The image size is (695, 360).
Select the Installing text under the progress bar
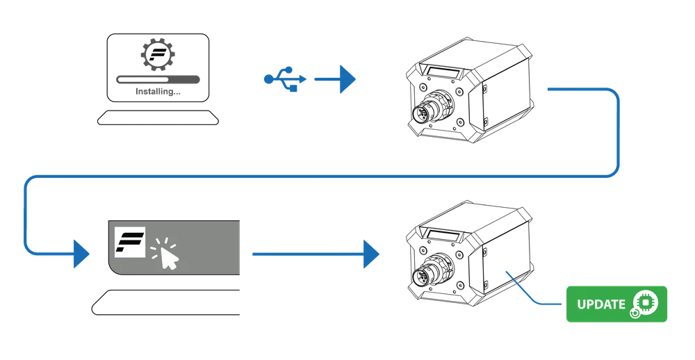point(158,92)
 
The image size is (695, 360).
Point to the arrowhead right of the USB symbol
point(345,79)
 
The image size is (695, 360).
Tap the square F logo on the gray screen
point(129,242)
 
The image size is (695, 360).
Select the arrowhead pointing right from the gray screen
point(372,254)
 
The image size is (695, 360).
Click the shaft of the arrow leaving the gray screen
point(306,254)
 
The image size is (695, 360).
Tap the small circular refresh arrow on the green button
point(634,313)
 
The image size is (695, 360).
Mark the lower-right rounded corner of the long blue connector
point(612,173)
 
